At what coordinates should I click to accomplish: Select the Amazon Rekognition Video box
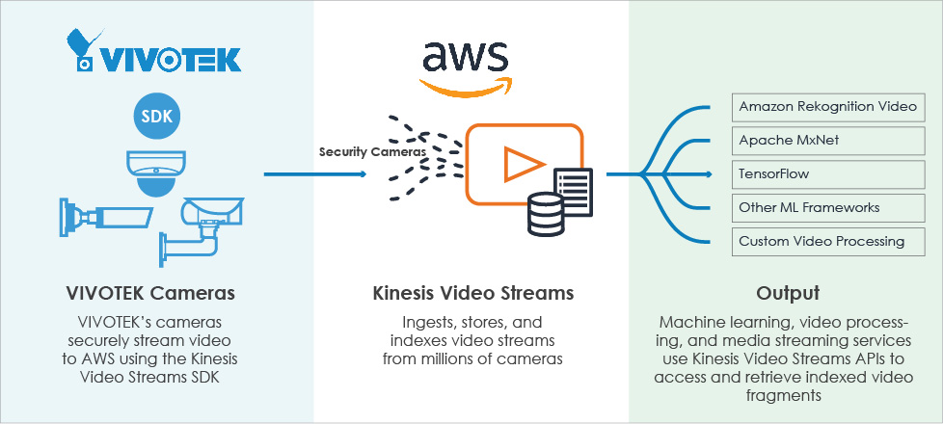827,106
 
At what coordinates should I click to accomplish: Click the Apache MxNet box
827,140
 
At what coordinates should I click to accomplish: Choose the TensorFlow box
827,173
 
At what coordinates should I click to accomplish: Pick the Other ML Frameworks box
827,207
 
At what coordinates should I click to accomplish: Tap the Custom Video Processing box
827,241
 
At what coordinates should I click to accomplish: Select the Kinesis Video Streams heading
471,292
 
